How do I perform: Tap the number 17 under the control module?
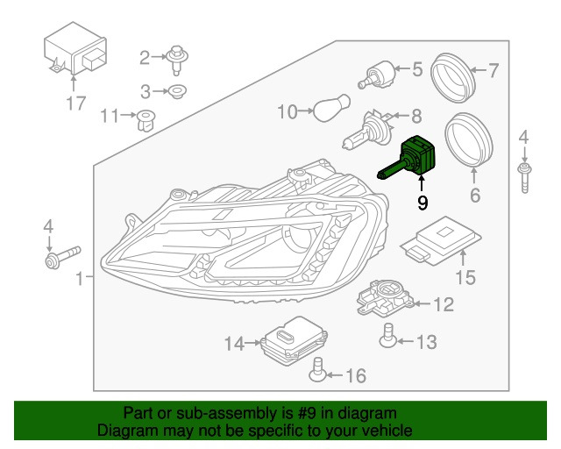[x=76, y=103]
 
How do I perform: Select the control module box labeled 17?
[x=75, y=56]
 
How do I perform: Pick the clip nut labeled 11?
[x=145, y=118]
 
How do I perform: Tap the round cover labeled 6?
[x=471, y=139]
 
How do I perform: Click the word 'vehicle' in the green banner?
[x=380, y=431]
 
